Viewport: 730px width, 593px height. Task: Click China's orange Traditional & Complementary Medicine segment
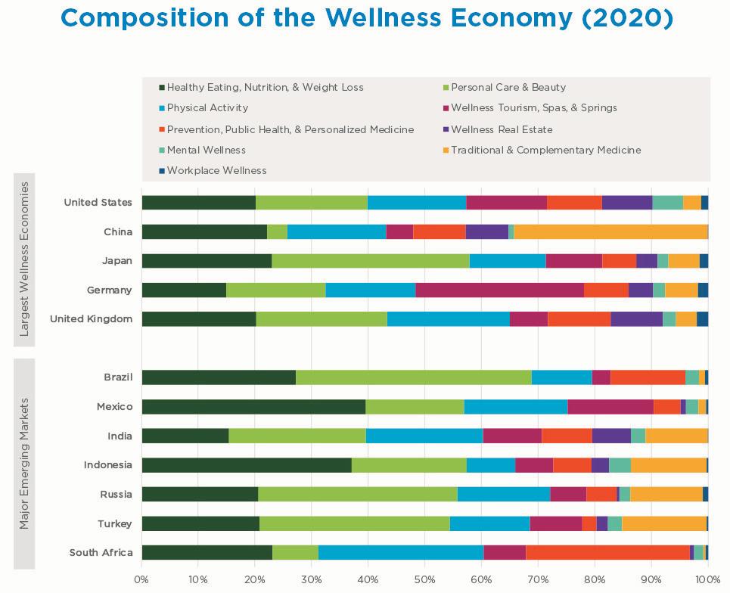pos(610,231)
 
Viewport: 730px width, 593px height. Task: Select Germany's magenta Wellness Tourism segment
pos(499,290)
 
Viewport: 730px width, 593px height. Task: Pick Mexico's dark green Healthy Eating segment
pos(253,407)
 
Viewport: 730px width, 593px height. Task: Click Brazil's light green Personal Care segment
pos(413,377)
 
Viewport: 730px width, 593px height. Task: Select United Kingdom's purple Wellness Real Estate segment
pos(636,319)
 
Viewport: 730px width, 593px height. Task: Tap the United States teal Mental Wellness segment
pos(667,203)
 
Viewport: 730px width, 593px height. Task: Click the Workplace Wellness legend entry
pos(216,171)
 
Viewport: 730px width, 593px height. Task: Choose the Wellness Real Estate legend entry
pos(502,129)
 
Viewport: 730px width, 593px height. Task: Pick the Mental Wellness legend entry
pos(206,150)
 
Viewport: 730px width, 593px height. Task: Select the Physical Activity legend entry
pos(207,108)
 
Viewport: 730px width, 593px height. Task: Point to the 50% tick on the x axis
pos(424,580)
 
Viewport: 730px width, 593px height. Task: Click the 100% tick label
pos(707,580)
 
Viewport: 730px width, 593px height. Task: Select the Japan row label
pos(117,261)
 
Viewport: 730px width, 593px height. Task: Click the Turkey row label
pos(114,523)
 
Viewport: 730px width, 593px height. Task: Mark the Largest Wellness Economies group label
pos(24,259)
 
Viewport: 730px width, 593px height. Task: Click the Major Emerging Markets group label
pos(24,464)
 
